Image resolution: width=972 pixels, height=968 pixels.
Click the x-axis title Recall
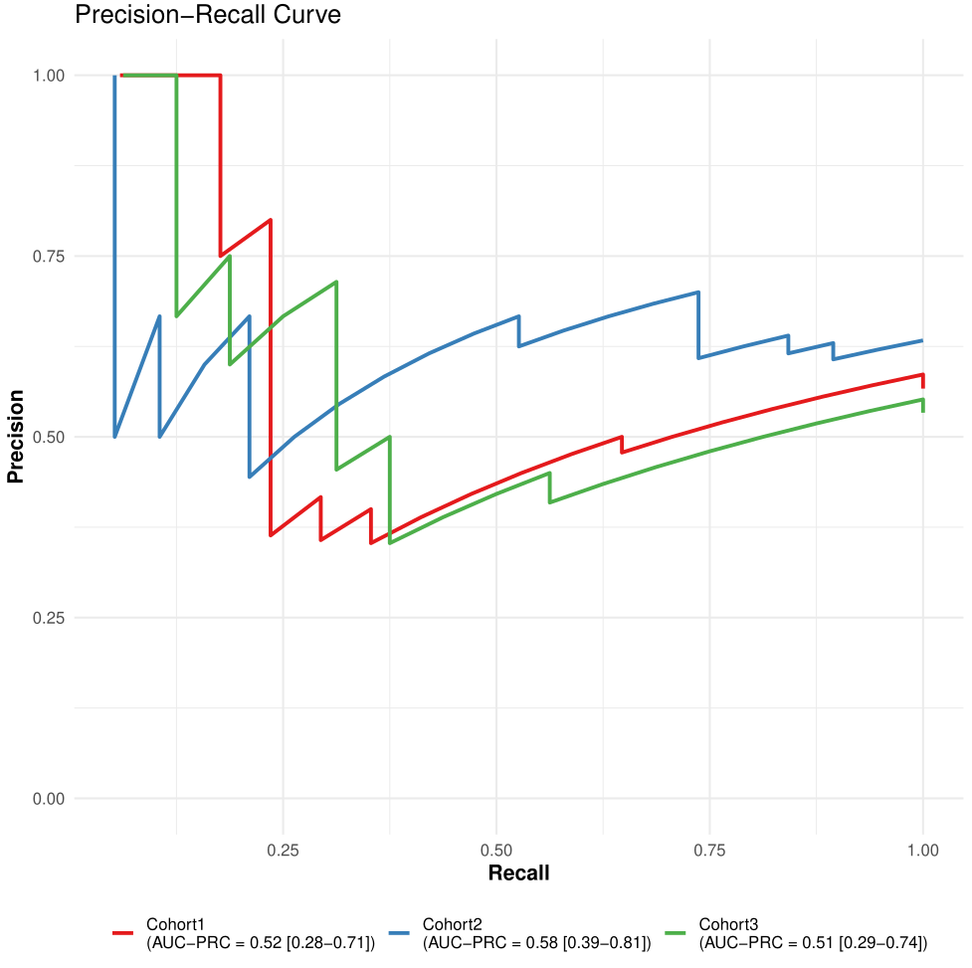[518, 873]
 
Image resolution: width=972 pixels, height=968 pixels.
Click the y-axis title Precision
[15, 437]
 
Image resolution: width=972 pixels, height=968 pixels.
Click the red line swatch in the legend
[123, 933]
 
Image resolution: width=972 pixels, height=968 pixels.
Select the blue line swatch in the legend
[400, 933]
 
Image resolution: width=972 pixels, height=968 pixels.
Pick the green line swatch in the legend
[677, 933]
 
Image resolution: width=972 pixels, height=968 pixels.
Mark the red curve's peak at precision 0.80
[271, 220]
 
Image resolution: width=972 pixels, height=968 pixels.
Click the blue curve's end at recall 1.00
[922, 340]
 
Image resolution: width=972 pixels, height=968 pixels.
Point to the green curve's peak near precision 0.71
[336, 282]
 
